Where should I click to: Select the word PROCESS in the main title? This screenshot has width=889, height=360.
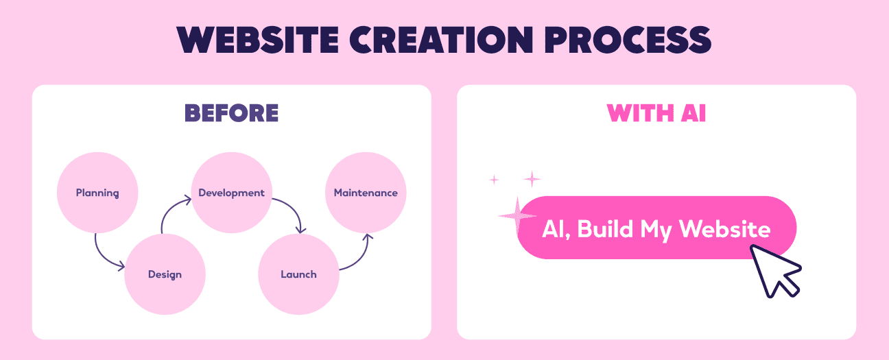point(643,40)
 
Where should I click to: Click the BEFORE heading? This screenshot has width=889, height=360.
point(231,113)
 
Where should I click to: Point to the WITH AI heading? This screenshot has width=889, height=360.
point(656,113)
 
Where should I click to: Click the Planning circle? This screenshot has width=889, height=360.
point(97,193)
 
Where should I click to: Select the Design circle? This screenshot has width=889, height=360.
point(165,274)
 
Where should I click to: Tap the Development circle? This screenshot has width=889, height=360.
point(231,193)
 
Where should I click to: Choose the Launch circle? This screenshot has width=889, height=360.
point(298,274)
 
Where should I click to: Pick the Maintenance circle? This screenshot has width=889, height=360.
point(366,193)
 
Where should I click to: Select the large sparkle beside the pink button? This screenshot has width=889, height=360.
point(517,216)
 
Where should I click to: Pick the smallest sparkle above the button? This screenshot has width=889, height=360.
point(493,180)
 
